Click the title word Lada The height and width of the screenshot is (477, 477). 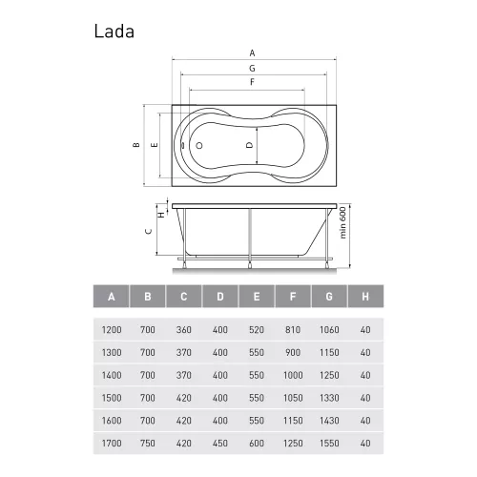[x=114, y=30]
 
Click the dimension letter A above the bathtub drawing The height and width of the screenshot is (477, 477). [x=252, y=52]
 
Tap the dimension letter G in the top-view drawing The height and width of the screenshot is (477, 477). [x=252, y=69]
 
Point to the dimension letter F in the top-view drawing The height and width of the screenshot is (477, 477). [x=252, y=83]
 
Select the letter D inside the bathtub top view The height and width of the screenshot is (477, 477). [x=249, y=145]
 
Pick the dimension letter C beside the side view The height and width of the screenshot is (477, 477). [x=146, y=231]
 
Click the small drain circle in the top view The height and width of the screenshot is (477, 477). [x=200, y=146]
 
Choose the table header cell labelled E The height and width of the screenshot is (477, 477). [x=255, y=297]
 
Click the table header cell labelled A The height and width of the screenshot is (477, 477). [x=112, y=297]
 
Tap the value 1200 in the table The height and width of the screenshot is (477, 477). [x=112, y=329]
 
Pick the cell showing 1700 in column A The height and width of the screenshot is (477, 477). [x=112, y=442]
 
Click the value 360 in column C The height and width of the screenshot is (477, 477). [x=183, y=329]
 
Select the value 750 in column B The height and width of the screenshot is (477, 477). [x=147, y=442]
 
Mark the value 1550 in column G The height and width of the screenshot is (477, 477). [x=326, y=442]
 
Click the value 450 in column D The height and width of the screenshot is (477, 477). [x=218, y=442]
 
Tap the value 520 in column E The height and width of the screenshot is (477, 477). [x=255, y=329]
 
